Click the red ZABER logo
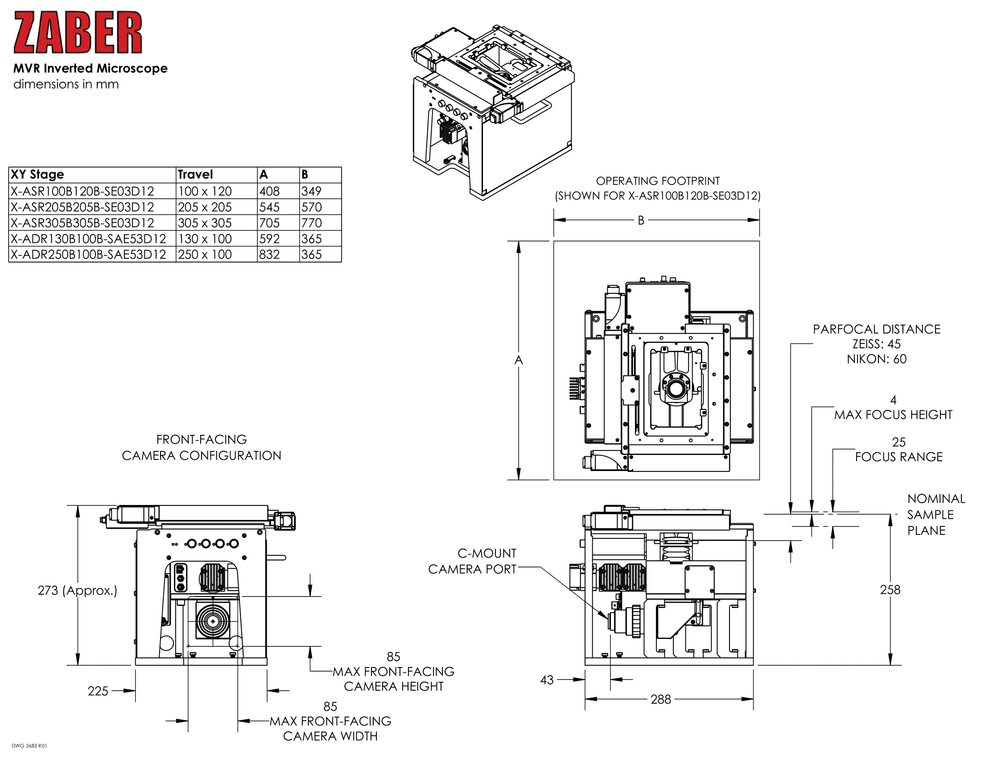[x=77, y=33]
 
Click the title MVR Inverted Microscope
[x=90, y=68]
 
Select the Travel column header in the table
[x=195, y=175]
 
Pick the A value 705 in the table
[x=269, y=223]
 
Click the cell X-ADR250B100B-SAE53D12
[x=88, y=254]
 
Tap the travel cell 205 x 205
[x=205, y=207]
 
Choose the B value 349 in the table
[x=311, y=191]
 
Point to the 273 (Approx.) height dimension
[x=77, y=590]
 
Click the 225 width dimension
[x=98, y=691]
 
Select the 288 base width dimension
[x=660, y=699]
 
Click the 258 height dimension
[x=890, y=590]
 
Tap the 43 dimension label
[x=547, y=680]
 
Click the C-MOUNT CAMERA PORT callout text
[x=472, y=561]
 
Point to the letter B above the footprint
[x=641, y=220]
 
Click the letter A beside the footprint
[x=518, y=360]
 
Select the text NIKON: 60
[x=876, y=359]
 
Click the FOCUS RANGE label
[x=899, y=457]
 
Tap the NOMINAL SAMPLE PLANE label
[x=936, y=514]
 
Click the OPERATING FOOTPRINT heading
[x=658, y=181]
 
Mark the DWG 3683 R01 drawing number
[x=29, y=746]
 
